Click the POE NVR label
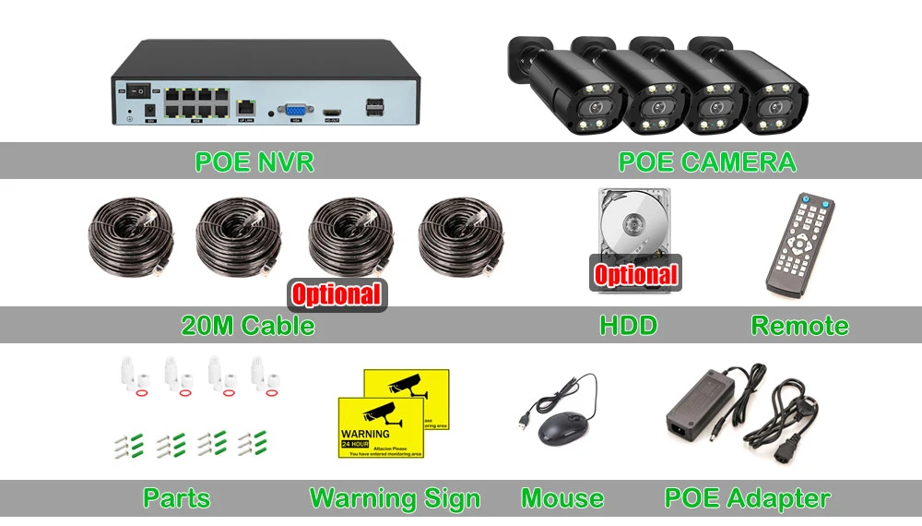(x=254, y=162)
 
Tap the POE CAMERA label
(x=706, y=162)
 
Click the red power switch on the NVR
(x=137, y=91)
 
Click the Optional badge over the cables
(x=337, y=294)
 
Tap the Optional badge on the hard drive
(x=635, y=274)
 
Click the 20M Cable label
(x=248, y=326)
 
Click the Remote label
(x=799, y=326)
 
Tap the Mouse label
(x=562, y=499)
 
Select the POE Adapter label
(x=747, y=499)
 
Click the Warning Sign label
(x=395, y=499)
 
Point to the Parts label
(x=176, y=499)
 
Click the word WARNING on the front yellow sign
(x=365, y=433)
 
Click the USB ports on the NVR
(x=374, y=106)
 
